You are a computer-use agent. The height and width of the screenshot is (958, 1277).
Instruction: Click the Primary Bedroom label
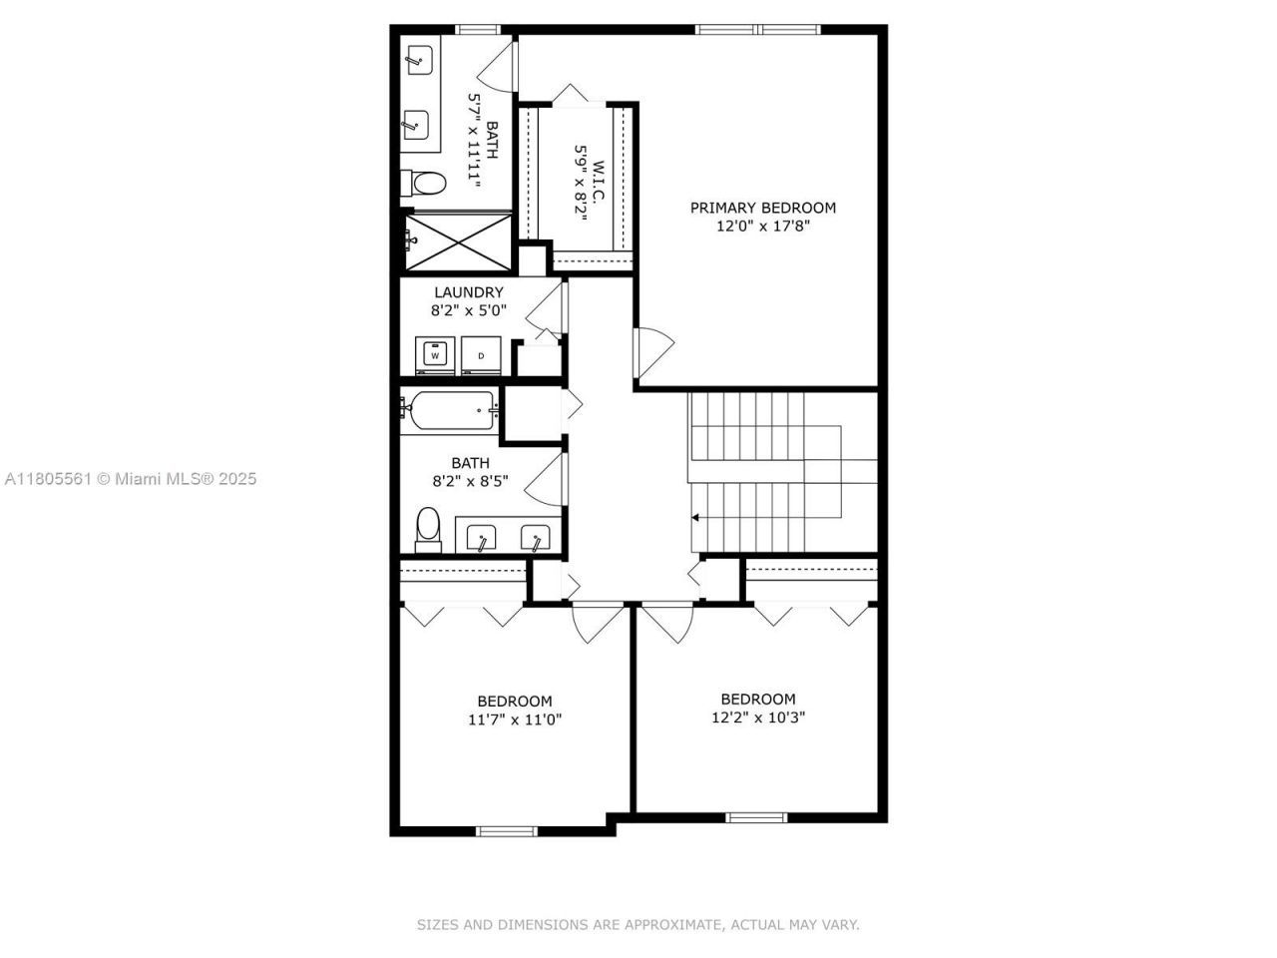pyautogui.click(x=763, y=208)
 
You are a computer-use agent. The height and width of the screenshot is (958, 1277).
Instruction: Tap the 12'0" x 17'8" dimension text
pyautogui.click(x=763, y=227)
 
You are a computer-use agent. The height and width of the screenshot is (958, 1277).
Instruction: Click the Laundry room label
pyautogui.click(x=468, y=292)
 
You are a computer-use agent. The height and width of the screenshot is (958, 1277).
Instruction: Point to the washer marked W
pyautogui.click(x=435, y=355)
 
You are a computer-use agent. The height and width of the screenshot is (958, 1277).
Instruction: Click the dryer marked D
pyautogui.click(x=481, y=355)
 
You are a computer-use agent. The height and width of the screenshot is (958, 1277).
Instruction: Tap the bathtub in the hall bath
pyautogui.click(x=448, y=409)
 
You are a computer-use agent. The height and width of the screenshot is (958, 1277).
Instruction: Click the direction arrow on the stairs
pyautogui.click(x=694, y=518)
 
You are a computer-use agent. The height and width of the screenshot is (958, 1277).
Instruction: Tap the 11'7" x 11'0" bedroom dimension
pyautogui.click(x=515, y=719)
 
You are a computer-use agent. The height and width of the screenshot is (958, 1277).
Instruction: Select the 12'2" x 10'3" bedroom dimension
pyautogui.click(x=758, y=718)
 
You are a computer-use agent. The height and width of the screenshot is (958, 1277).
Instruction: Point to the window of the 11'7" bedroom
pyautogui.click(x=507, y=830)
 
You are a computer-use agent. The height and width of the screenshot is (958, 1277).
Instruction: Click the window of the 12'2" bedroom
pyautogui.click(x=756, y=817)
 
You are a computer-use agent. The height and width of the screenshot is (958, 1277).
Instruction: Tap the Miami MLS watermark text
pyautogui.click(x=131, y=479)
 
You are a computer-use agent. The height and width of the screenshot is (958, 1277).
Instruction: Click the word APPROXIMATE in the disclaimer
pyautogui.click(x=671, y=925)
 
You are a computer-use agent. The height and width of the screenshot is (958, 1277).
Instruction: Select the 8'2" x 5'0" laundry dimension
pyautogui.click(x=468, y=310)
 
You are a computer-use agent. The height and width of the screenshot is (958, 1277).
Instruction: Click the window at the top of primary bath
pyautogui.click(x=477, y=30)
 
